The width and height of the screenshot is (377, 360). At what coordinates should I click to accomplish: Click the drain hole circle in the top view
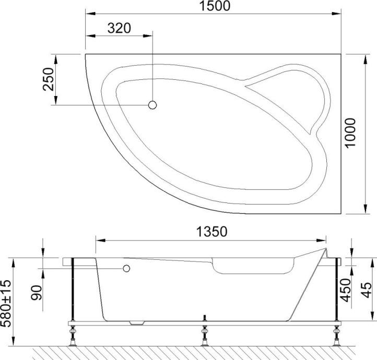coord(152,105)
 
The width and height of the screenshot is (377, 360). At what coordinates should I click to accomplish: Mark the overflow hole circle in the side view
coord(125,268)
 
